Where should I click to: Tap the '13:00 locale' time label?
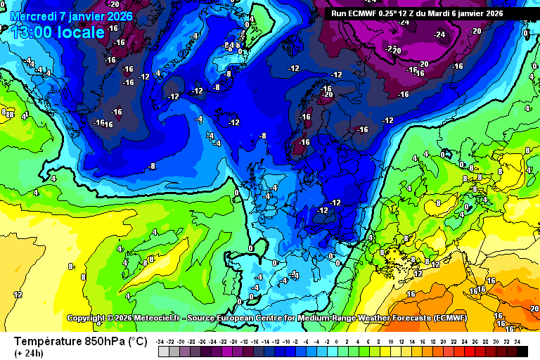(58, 32)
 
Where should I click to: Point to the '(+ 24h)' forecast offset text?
(29, 352)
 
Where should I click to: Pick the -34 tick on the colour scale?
(161, 341)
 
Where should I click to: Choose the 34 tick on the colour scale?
(517, 341)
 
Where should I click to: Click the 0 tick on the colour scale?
(337, 341)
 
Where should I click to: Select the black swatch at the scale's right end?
(522, 351)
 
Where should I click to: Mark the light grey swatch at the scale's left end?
(163, 351)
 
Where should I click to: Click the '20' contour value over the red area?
(534, 309)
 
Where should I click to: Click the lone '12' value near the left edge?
(18, 294)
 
